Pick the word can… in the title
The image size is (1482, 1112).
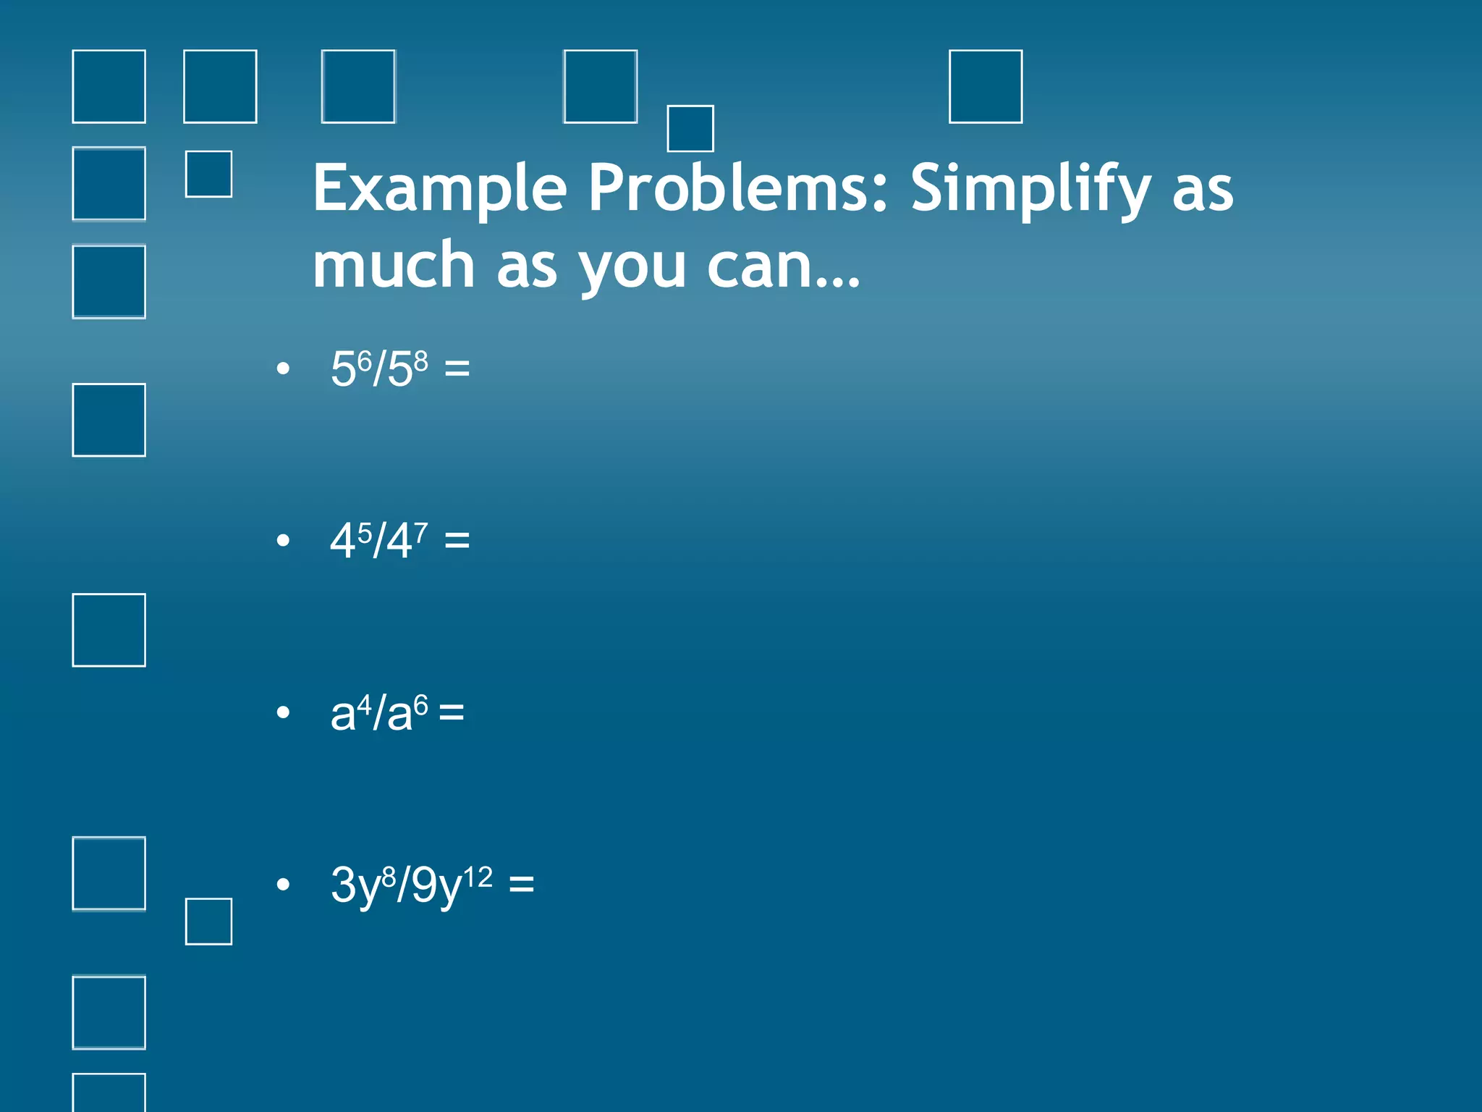click(x=783, y=266)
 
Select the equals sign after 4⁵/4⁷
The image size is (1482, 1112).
click(x=457, y=539)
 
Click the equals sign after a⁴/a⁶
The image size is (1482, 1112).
click(x=451, y=712)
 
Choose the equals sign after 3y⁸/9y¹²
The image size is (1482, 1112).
click(x=521, y=884)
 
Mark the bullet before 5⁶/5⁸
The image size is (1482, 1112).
click(x=283, y=368)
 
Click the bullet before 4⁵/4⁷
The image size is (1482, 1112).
click(x=283, y=540)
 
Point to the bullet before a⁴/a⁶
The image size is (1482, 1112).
click(x=283, y=712)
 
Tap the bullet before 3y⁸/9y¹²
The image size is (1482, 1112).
click(x=283, y=884)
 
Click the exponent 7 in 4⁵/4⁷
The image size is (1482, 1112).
click(x=420, y=532)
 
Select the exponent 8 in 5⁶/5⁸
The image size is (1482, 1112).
click(x=420, y=361)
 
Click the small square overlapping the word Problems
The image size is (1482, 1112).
click(x=690, y=129)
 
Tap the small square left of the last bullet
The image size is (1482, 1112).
click(x=208, y=922)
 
